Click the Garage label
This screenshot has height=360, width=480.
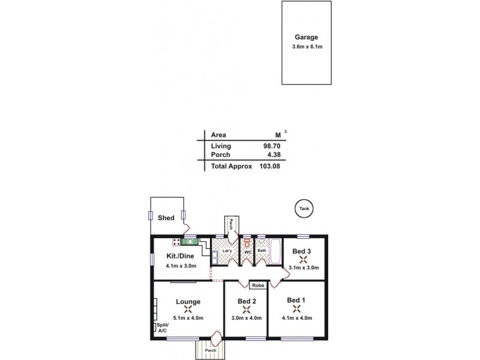(x=306, y=36)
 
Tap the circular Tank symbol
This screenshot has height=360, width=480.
(x=304, y=209)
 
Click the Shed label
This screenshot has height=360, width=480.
(x=166, y=218)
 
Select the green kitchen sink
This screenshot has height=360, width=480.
(x=190, y=242)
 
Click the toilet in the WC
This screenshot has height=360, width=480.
(x=247, y=244)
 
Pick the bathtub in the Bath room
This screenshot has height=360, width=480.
(x=275, y=250)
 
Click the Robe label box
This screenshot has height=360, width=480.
(x=258, y=286)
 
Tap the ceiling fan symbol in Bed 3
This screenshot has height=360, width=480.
(x=304, y=259)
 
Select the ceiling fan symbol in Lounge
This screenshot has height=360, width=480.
(x=188, y=310)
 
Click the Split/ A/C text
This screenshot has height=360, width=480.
(x=163, y=328)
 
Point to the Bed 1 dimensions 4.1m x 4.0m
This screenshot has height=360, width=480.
(x=296, y=318)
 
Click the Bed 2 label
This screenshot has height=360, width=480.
(x=247, y=301)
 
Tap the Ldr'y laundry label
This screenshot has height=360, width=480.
(x=227, y=250)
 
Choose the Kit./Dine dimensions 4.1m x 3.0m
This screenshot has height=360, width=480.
(x=181, y=265)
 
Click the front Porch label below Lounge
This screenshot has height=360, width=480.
(x=210, y=350)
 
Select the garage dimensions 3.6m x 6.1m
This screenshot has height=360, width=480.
(x=306, y=47)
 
